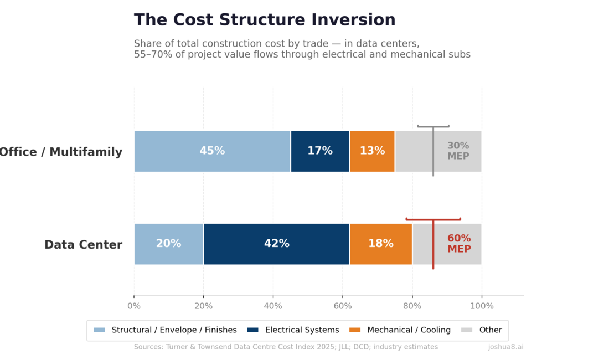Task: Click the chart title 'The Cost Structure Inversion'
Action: click(x=265, y=20)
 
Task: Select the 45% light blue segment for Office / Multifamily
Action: click(x=212, y=151)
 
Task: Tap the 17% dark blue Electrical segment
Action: click(x=320, y=151)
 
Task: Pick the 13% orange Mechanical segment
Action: click(x=372, y=151)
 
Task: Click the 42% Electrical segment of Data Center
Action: click(x=276, y=244)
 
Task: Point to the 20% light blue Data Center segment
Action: click(x=168, y=244)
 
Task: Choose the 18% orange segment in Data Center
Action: click(x=381, y=244)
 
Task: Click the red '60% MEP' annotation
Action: click(x=459, y=244)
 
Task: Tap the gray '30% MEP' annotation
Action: click(x=458, y=151)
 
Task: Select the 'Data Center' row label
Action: click(x=83, y=245)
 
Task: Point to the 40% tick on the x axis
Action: click(x=273, y=306)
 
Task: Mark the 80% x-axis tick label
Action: click(x=412, y=306)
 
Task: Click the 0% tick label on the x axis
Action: click(x=134, y=306)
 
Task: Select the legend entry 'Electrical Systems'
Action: click(x=302, y=330)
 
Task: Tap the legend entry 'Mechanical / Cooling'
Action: click(x=409, y=330)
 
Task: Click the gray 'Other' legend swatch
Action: click(x=467, y=330)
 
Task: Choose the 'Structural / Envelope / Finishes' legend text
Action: click(x=174, y=330)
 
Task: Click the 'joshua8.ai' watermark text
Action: click(x=505, y=347)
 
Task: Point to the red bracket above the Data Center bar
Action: click(x=433, y=219)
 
